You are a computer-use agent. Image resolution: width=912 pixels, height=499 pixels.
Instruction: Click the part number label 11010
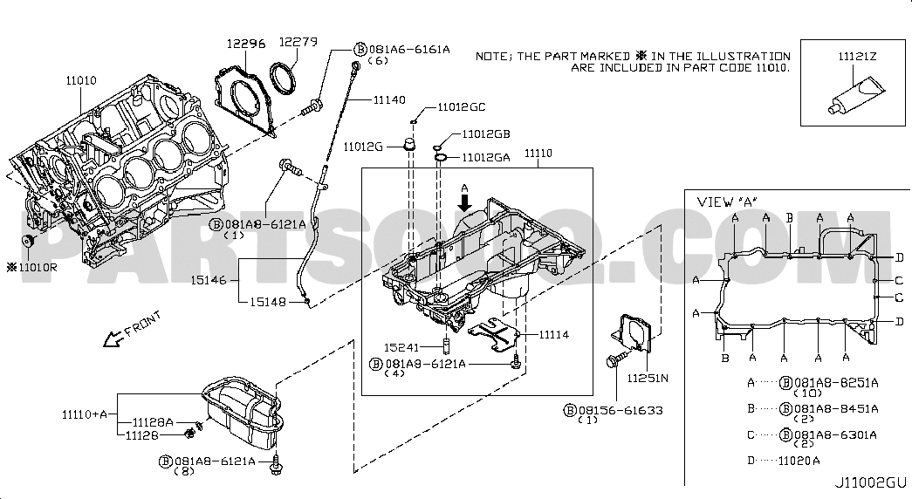[80, 80]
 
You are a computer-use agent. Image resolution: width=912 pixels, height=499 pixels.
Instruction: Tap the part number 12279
[298, 42]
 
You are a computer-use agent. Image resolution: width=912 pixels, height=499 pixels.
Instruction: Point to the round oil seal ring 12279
[284, 78]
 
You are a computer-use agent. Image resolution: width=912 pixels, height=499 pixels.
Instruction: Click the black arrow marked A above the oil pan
[464, 202]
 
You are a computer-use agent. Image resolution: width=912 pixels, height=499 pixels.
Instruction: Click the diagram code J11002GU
[870, 482]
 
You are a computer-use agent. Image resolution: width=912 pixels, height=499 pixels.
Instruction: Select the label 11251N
[648, 378]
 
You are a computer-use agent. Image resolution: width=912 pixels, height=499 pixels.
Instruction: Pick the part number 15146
[209, 280]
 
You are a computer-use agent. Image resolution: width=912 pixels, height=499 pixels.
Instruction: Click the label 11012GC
[461, 107]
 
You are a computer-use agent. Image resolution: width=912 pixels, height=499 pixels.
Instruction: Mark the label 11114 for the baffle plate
[553, 334]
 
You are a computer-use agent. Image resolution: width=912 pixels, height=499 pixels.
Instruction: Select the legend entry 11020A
[799, 461]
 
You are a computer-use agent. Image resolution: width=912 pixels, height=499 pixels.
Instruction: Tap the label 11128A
[153, 422]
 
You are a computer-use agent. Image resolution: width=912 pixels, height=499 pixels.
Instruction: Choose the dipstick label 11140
[389, 100]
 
